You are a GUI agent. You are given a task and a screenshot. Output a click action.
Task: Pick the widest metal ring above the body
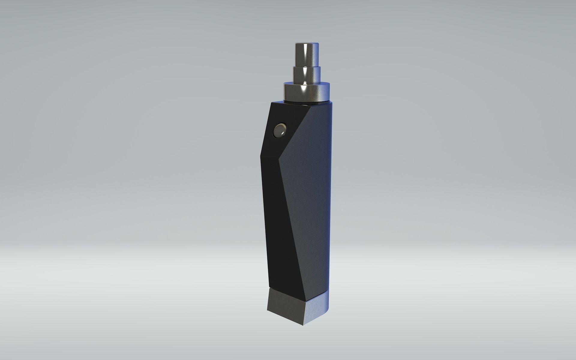click(x=308, y=91)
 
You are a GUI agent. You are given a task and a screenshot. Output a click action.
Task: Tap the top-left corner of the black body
click(x=271, y=103)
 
